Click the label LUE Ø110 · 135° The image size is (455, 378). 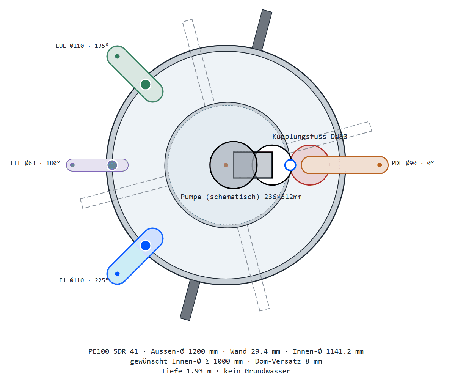[82, 46]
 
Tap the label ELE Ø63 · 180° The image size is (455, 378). [35, 163]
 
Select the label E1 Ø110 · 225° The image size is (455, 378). [84, 280]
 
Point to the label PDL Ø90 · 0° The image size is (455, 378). [413, 163]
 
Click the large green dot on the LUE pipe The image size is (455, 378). [146, 85]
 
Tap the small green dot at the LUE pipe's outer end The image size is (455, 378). [117, 56]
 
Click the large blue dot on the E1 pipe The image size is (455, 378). [146, 246]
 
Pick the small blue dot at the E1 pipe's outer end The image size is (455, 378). [117, 274]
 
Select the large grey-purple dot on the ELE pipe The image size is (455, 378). [112, 165]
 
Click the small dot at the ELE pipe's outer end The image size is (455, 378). [72, 165]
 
